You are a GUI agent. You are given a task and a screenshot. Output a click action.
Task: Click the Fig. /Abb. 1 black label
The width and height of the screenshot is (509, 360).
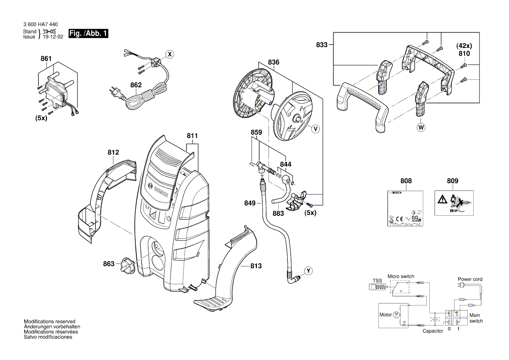pyautogui.click(x=88, y=34)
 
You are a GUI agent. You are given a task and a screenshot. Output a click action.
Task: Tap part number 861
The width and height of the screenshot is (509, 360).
pyautogui.click(x=46, y=59)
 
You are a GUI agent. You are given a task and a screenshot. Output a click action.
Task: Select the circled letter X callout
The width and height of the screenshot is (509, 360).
pyautogui.click(x=170, y=54)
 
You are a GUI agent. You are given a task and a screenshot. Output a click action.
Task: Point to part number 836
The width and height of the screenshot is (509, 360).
pyautogui.click(x=273, y=63)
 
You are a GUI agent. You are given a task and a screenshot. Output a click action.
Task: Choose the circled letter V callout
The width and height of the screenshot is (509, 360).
pyautogui.click(x=316, y=129)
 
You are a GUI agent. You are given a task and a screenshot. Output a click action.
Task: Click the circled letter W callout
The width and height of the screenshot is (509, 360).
pyautogui.click(x=421, y=128)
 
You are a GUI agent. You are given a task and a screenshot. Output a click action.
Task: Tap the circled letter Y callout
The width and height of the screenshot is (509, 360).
pyautogui.click(x=308, y=271)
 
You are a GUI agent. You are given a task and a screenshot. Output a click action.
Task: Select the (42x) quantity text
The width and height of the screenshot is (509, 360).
pyautogui.click(x=464, y=45)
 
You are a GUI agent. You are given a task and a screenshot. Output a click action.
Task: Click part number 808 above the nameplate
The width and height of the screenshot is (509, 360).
pyautogui.click(x=405, y=181)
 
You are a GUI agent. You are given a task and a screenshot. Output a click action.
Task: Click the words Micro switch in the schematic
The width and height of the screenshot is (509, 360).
pyautogui.click(x=401, y=276)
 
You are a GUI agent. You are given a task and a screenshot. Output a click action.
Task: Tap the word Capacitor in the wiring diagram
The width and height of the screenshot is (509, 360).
pyautogui.click(x=433, y=331)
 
